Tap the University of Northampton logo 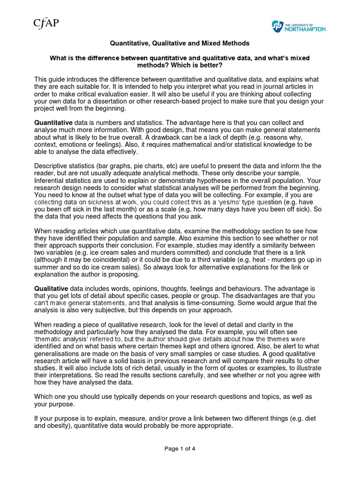point(299,27)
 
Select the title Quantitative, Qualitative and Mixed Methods point(180,43)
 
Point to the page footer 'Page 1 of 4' point(180,449)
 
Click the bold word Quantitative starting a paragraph point(53,122)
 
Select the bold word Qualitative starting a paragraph point(52,288)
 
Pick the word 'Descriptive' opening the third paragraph point(52,166)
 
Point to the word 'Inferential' point(50,180)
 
